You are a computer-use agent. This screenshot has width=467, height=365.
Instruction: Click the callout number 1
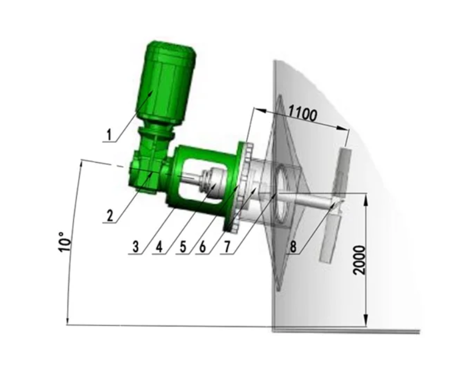pyautogui.click(x=110, y=134)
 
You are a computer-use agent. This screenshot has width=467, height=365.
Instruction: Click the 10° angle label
pyautogui.click(x=65, y=242)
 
